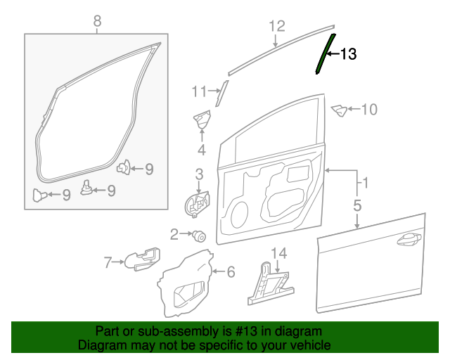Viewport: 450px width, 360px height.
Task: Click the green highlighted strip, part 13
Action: click(325, 53)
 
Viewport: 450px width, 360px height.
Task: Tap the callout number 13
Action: click(348, 54)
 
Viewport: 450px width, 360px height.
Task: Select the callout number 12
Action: click(277, 26)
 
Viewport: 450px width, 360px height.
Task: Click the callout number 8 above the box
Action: click(97, 21)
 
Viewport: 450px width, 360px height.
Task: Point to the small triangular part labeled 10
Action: click(339, 111)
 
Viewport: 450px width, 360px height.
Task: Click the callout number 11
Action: click(199, 91)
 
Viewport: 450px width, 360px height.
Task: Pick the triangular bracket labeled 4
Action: click(202, 120)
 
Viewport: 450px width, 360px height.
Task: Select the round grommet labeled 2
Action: click(200, 236)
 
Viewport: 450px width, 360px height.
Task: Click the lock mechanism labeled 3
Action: click(197, 205)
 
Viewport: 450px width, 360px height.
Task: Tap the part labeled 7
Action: click(142, 259)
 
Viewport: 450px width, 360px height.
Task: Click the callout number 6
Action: click(231, 272)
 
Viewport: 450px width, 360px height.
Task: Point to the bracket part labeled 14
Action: click(271, 284)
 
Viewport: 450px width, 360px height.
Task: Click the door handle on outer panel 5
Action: click(409, 239)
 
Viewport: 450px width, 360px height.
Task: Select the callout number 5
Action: click(357, 206)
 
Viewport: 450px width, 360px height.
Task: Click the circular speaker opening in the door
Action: click(239, 214)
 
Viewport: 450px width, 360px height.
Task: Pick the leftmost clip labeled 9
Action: click(39, 195)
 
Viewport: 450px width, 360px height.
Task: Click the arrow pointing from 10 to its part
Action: click(354, 109)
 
